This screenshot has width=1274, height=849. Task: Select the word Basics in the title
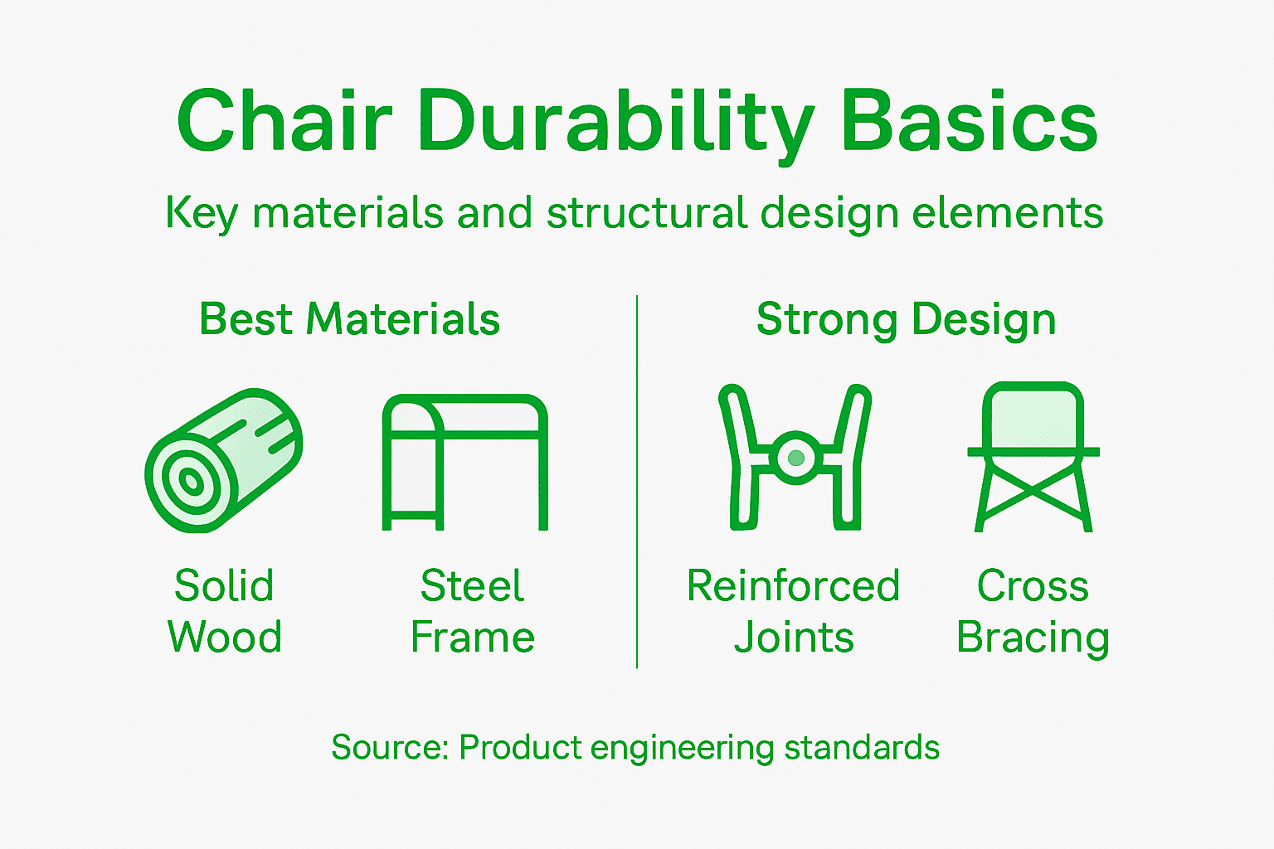click(x=969, y=122)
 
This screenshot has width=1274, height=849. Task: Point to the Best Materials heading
click(x=349, y=319)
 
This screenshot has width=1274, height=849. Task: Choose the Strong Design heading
click(x=906, y=319)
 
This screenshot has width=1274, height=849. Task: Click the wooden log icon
click(x=223, y=460)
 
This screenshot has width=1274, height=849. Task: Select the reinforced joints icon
click(x=795, y=458)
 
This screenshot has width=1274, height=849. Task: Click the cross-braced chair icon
click(x=1033, y=458)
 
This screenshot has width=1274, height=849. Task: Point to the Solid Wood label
click(x=224, y=611)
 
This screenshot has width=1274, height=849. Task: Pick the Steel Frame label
click(x=472, y=611)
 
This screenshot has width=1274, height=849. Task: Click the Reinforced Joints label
click(x=794, y=611)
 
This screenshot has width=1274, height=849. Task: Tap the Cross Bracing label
click(x=1033, y=611)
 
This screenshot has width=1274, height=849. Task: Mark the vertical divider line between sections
click(x=637, y=481)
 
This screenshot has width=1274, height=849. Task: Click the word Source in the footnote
click(x=388, y=747)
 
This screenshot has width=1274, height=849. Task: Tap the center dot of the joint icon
click(x=796, y=457)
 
